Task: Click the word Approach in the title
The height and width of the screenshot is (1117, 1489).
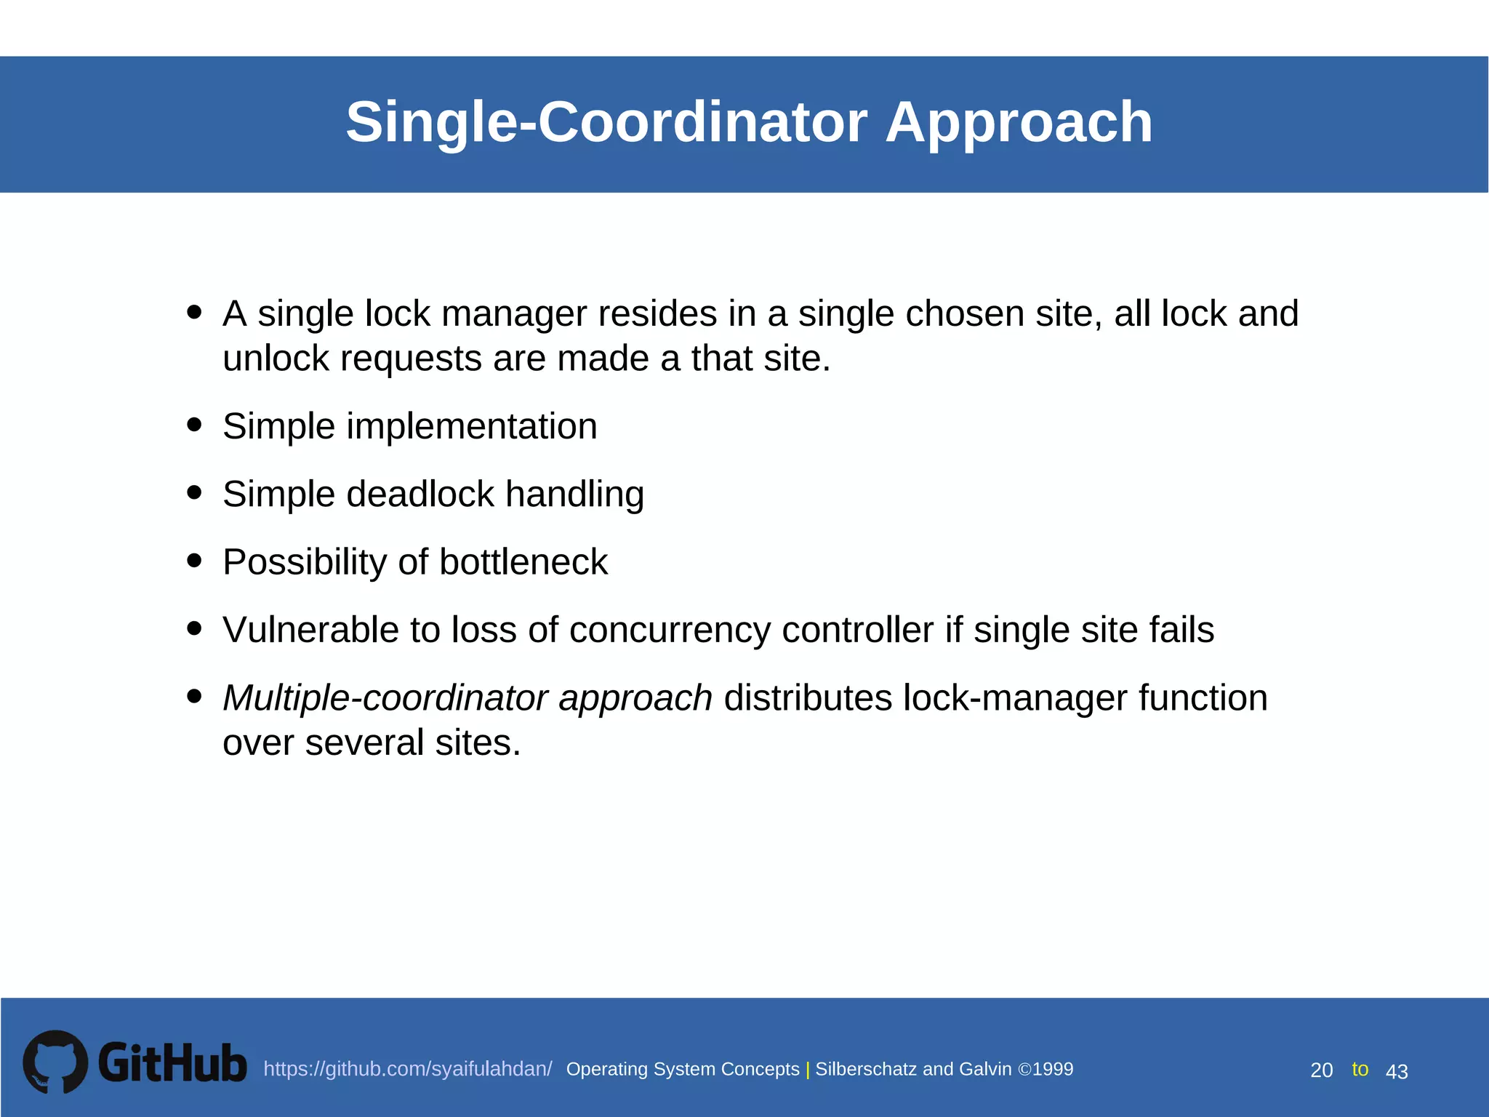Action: pyautogui.click(x=1019, y=122)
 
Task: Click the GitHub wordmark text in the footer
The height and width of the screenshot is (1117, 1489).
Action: pyautogui.click(x=172, y=1063)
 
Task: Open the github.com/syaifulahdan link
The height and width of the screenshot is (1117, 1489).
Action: pyautogui.click(x=407, y=1069)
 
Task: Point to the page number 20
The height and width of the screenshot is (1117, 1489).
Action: pyautogui.click(x=1321, y=1070)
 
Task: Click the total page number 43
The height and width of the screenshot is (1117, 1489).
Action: pyautogui.click(x=1397, y=1072)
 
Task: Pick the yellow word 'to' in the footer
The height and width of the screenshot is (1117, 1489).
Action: pyautogui.click(x=1360, y=1069)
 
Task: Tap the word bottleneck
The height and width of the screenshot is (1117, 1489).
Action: pyautogui.click(x=523, y=562)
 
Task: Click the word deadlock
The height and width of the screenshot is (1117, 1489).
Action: pyautogui.click(x=420, y=495)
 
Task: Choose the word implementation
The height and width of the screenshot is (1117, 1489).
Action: pyautogui.click(x=471, y=427)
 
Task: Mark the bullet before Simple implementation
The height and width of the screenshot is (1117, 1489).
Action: pyautogui.click(x=193, y=425)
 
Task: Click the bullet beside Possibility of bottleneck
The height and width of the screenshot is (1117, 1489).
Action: pyautogui.click(x=193, y=561)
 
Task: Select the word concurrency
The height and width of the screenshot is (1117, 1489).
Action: pyautogui.click(x=670, y=630)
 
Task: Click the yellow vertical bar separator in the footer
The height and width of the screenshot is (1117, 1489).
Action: pyautogui.click(x=807, y=1070)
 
